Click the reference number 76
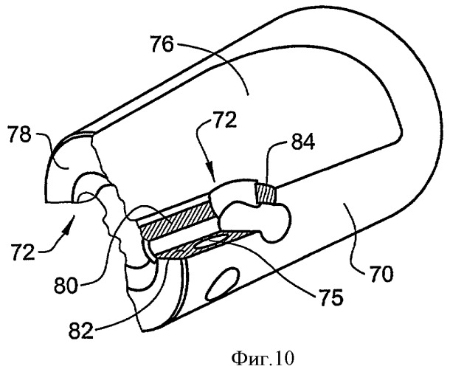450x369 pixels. click(x=163, y=44)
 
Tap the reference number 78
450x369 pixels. click(x=19, y=134)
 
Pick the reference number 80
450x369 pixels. click(x=66, y=285)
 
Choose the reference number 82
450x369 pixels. click(x=81, y=330)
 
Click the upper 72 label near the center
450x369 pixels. click(x=225, y=120)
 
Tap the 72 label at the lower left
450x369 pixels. click(x=24, y=251)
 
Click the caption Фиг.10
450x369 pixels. click(x=263, y=358)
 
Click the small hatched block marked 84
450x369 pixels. click(x=264, y=194)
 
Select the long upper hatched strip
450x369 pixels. click(x=176, y=220)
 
